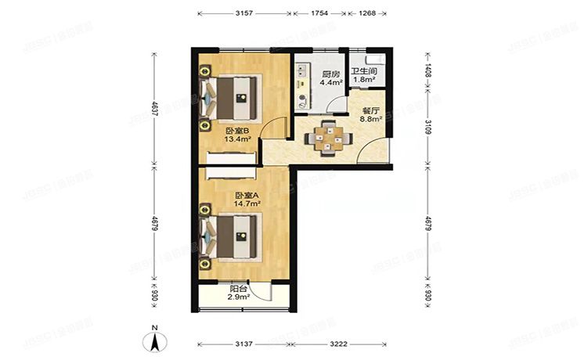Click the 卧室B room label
click(236, 131)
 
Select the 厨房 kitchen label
click(330, 74)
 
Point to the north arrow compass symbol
click(156, 341)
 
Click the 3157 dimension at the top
click(243, 13)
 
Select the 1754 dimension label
click(319, 13)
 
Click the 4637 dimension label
click(155, 112)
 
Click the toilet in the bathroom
click(374, 60)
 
